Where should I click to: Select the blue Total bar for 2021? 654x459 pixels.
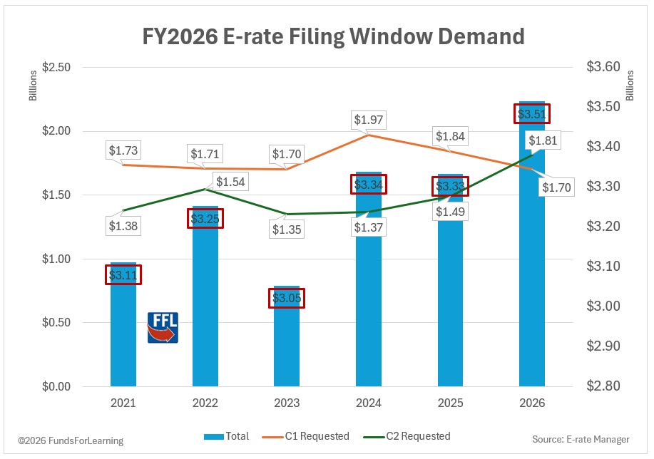click(123, 335)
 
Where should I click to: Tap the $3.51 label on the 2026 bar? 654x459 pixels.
click(532, 114)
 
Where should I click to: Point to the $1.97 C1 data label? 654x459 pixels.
click(369, 120)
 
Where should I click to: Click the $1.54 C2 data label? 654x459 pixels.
click(230, 182)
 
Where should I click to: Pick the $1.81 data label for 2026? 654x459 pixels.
click(542, 140)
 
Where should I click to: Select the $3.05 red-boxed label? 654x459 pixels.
click(287, 298)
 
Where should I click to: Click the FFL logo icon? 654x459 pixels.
click(163, 327)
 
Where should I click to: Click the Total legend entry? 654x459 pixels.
click(227, 436)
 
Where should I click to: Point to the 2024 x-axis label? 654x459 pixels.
click(369, 403)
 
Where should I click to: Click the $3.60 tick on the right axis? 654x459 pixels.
click(603, 68)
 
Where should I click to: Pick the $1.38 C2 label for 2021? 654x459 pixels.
click(123, 227)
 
